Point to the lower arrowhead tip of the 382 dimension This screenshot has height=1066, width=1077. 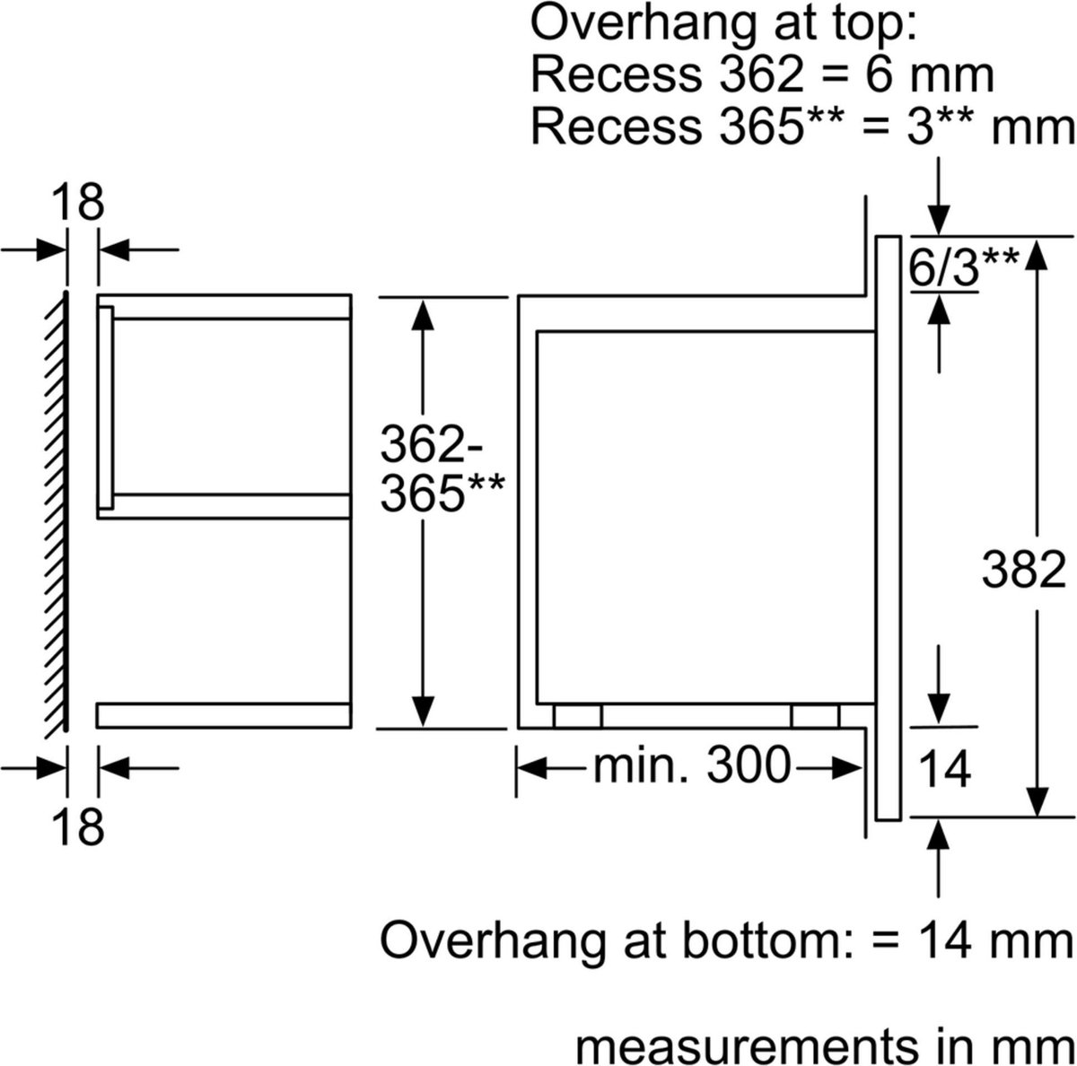click(x=1038, y=817)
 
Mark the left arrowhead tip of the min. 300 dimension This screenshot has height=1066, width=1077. click(x=518, y=769)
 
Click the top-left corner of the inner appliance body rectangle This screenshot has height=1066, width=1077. click(x=537, y=331)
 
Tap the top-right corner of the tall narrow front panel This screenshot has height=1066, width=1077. click(x=900, y=237)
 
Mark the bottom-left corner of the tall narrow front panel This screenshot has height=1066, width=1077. click(x=876, y=820)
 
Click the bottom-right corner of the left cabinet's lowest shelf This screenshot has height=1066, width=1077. click(x=351, y=727)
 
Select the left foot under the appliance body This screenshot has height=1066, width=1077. click(x=577, y=715)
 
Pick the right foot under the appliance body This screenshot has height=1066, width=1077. click(x=815, y=715)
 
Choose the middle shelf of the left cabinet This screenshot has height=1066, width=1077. click(x=224, y=506)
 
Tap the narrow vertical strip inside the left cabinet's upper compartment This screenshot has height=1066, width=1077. click(x=106, y=407)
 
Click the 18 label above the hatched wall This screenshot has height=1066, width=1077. click(x=78, y=203)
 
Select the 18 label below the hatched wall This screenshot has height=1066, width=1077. click(x=78, y=826)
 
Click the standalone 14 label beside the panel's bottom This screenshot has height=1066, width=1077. click(x=944, y=770)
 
